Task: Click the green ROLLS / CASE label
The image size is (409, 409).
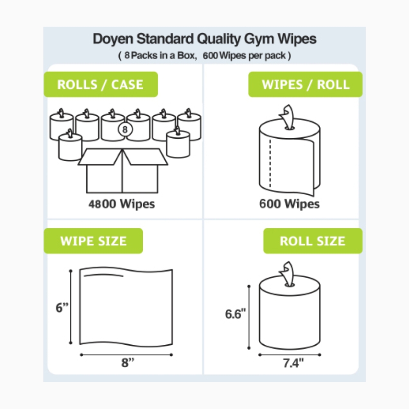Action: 101,85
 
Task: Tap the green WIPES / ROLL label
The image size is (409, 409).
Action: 305,85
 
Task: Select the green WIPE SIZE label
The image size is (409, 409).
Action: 93,241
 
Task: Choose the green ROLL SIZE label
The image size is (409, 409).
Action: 312,241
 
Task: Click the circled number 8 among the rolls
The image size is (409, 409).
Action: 125,130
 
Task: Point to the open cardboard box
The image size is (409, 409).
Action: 122,172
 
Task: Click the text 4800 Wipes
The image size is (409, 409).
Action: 122,204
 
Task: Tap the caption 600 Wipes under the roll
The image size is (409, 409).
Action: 289,204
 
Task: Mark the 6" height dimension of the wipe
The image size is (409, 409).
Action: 62,308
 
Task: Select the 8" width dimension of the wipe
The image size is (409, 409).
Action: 128,363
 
